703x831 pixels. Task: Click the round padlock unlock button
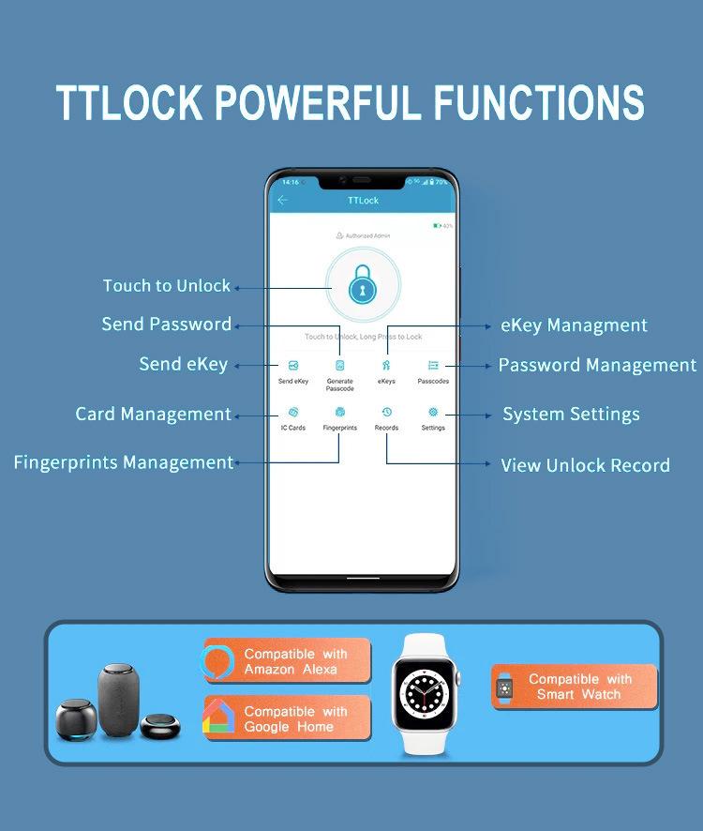363,286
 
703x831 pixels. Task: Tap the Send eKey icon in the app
292,366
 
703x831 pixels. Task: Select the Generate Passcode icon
339,366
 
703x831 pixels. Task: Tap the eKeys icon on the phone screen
386,366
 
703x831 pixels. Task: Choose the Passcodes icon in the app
433,366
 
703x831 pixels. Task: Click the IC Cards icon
292,413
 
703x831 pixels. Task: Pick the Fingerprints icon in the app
339,413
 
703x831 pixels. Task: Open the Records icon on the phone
386,413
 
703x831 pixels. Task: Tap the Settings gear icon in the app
433,413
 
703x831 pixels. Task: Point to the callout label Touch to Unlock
167,286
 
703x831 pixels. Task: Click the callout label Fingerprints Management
123,462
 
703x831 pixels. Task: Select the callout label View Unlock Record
585,465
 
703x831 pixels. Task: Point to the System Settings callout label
571,415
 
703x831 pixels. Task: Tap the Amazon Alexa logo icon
217,662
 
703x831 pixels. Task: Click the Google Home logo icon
217,718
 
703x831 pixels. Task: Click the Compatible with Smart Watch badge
575,687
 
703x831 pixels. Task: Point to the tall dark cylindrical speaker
119,695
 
